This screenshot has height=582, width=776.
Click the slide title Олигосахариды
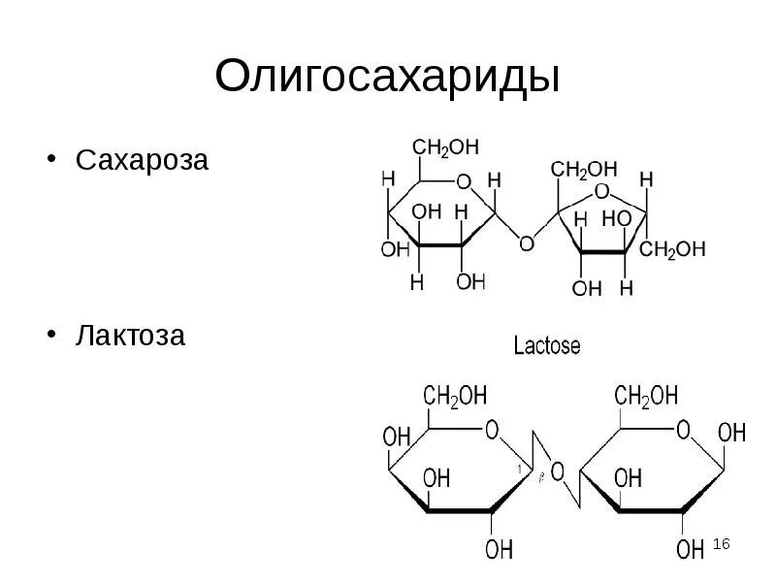(x=388, y=77)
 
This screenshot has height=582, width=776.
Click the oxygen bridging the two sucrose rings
(x=526, y=242)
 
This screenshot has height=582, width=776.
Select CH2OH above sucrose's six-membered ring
(x=445, y=147)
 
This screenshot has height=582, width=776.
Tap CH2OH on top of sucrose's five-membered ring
(x=584, y=170)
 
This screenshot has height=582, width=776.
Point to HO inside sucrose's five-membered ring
(x=616, y=220)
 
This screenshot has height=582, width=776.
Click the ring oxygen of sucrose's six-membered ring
(x=463, y=181)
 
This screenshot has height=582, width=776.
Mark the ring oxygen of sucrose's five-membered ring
(x=601, y=190)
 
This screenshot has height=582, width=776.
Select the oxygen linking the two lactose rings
(x=557, y=472)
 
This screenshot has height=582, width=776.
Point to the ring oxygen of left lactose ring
(x=492, y=430)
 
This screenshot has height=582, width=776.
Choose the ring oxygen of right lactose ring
(x=683, y=430)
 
